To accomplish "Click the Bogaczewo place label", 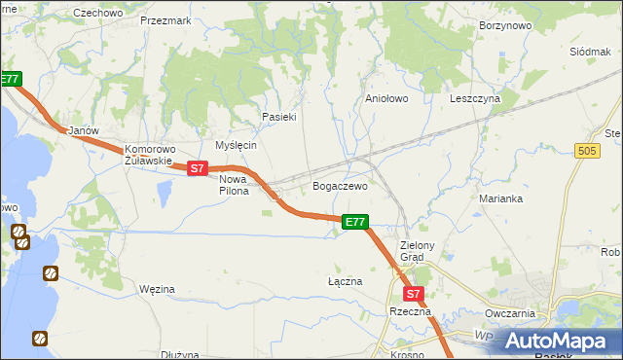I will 340,185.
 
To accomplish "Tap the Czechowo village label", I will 97,13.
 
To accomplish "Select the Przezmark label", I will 165,19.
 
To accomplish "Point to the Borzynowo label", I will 504,27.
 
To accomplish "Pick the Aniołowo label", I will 385,98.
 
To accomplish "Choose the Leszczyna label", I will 475,98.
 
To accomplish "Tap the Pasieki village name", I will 278,117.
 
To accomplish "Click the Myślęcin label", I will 236,145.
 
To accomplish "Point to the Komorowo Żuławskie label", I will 148,156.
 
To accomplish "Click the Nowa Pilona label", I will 234,185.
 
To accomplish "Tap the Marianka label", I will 501,198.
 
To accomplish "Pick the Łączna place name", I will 345,280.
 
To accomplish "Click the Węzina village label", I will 157,289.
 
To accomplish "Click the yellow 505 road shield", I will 586,151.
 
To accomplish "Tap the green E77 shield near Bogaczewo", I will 355,223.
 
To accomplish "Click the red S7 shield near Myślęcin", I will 197,168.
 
